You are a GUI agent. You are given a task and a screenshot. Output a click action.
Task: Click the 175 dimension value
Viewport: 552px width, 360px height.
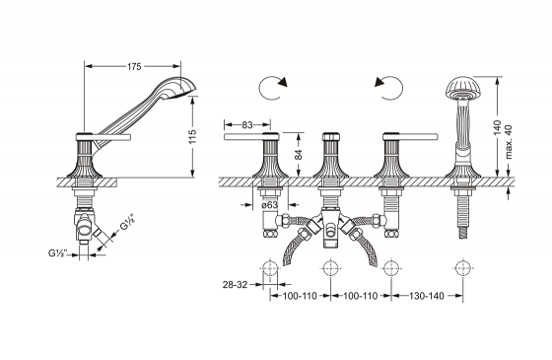(x=134, y=67)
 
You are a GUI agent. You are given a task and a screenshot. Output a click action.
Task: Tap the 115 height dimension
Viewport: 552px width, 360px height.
(x=192, y=137)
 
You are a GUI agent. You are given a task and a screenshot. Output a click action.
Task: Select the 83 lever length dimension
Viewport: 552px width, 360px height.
(x=247, y=124)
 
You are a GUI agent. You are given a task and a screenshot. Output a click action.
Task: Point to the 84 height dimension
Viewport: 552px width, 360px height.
(x=299, y=155)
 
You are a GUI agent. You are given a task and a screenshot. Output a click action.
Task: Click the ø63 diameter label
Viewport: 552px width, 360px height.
(x=270, y=205)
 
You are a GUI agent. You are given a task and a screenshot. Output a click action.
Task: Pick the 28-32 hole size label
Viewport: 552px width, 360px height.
(x=236, y=284)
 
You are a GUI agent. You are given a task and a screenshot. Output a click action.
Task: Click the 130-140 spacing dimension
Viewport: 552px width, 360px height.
(x=427, y=296)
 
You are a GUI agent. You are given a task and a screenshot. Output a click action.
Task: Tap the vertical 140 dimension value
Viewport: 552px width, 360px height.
(x=497, y=127)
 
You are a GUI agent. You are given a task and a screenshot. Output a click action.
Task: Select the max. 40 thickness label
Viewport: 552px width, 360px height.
(x=509, y=142)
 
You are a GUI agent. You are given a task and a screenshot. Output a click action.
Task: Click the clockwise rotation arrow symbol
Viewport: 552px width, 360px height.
(x=272, y=87)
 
